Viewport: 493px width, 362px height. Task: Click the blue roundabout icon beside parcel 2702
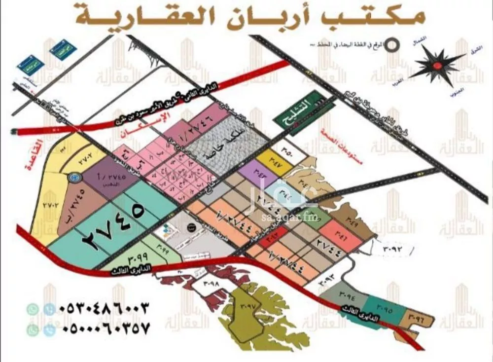(x=73, y=176)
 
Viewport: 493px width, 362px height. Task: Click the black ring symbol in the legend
(x=392, y=44)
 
